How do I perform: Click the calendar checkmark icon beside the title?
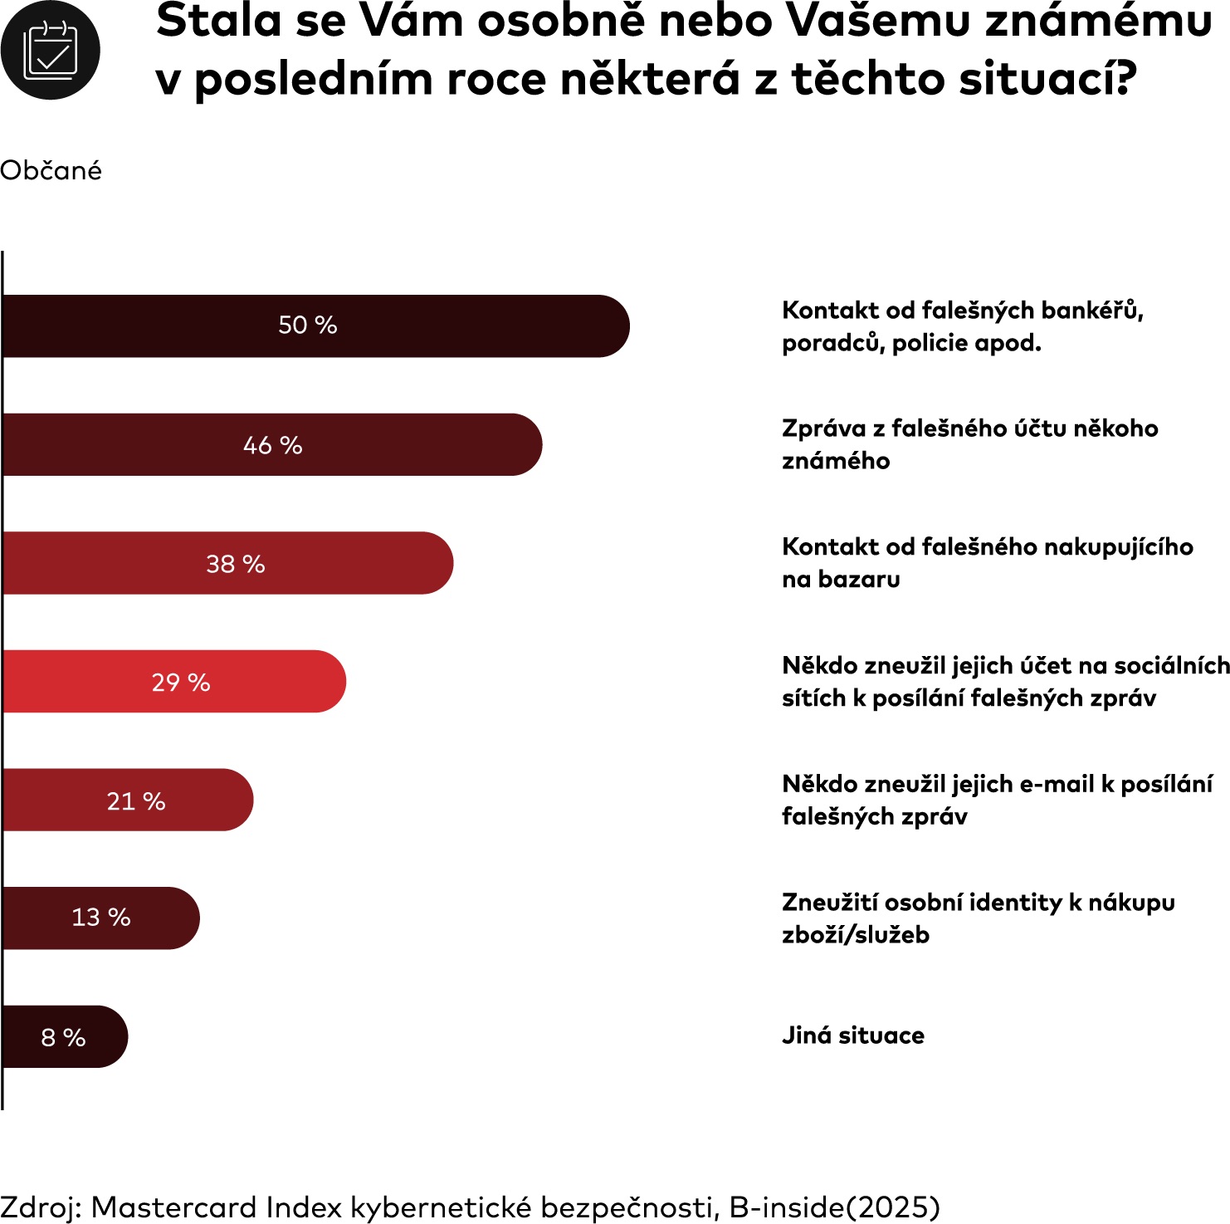(50, 51)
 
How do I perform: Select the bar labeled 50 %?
(315, 326)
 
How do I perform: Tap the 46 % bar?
(272, 444)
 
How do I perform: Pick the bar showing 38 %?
(228, 563)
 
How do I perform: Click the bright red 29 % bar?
(174, 682)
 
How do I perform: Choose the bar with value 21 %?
(129, 800)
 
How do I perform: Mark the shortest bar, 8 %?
(65, 1036)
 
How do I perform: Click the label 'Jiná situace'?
(853, 1036)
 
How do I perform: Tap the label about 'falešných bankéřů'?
(963, 326)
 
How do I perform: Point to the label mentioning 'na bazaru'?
(988, 563)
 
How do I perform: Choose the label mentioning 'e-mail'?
(997, 800)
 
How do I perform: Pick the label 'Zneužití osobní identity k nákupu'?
(979, 918)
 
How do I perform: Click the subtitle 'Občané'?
(51, 170)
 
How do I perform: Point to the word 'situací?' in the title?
(1047, 80)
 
